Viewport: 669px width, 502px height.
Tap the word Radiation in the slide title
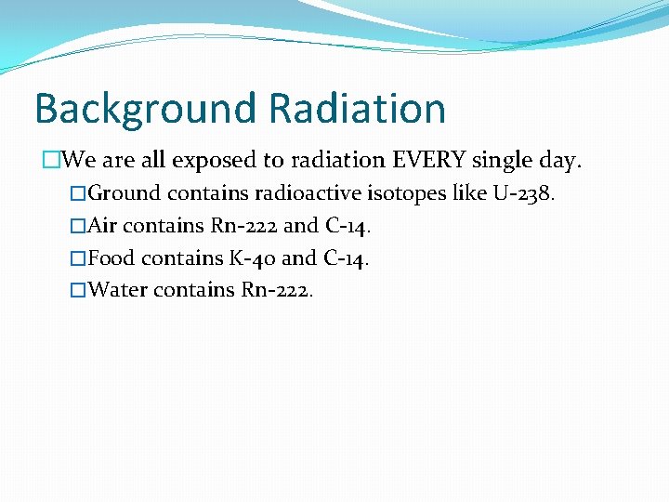(357, 109)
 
